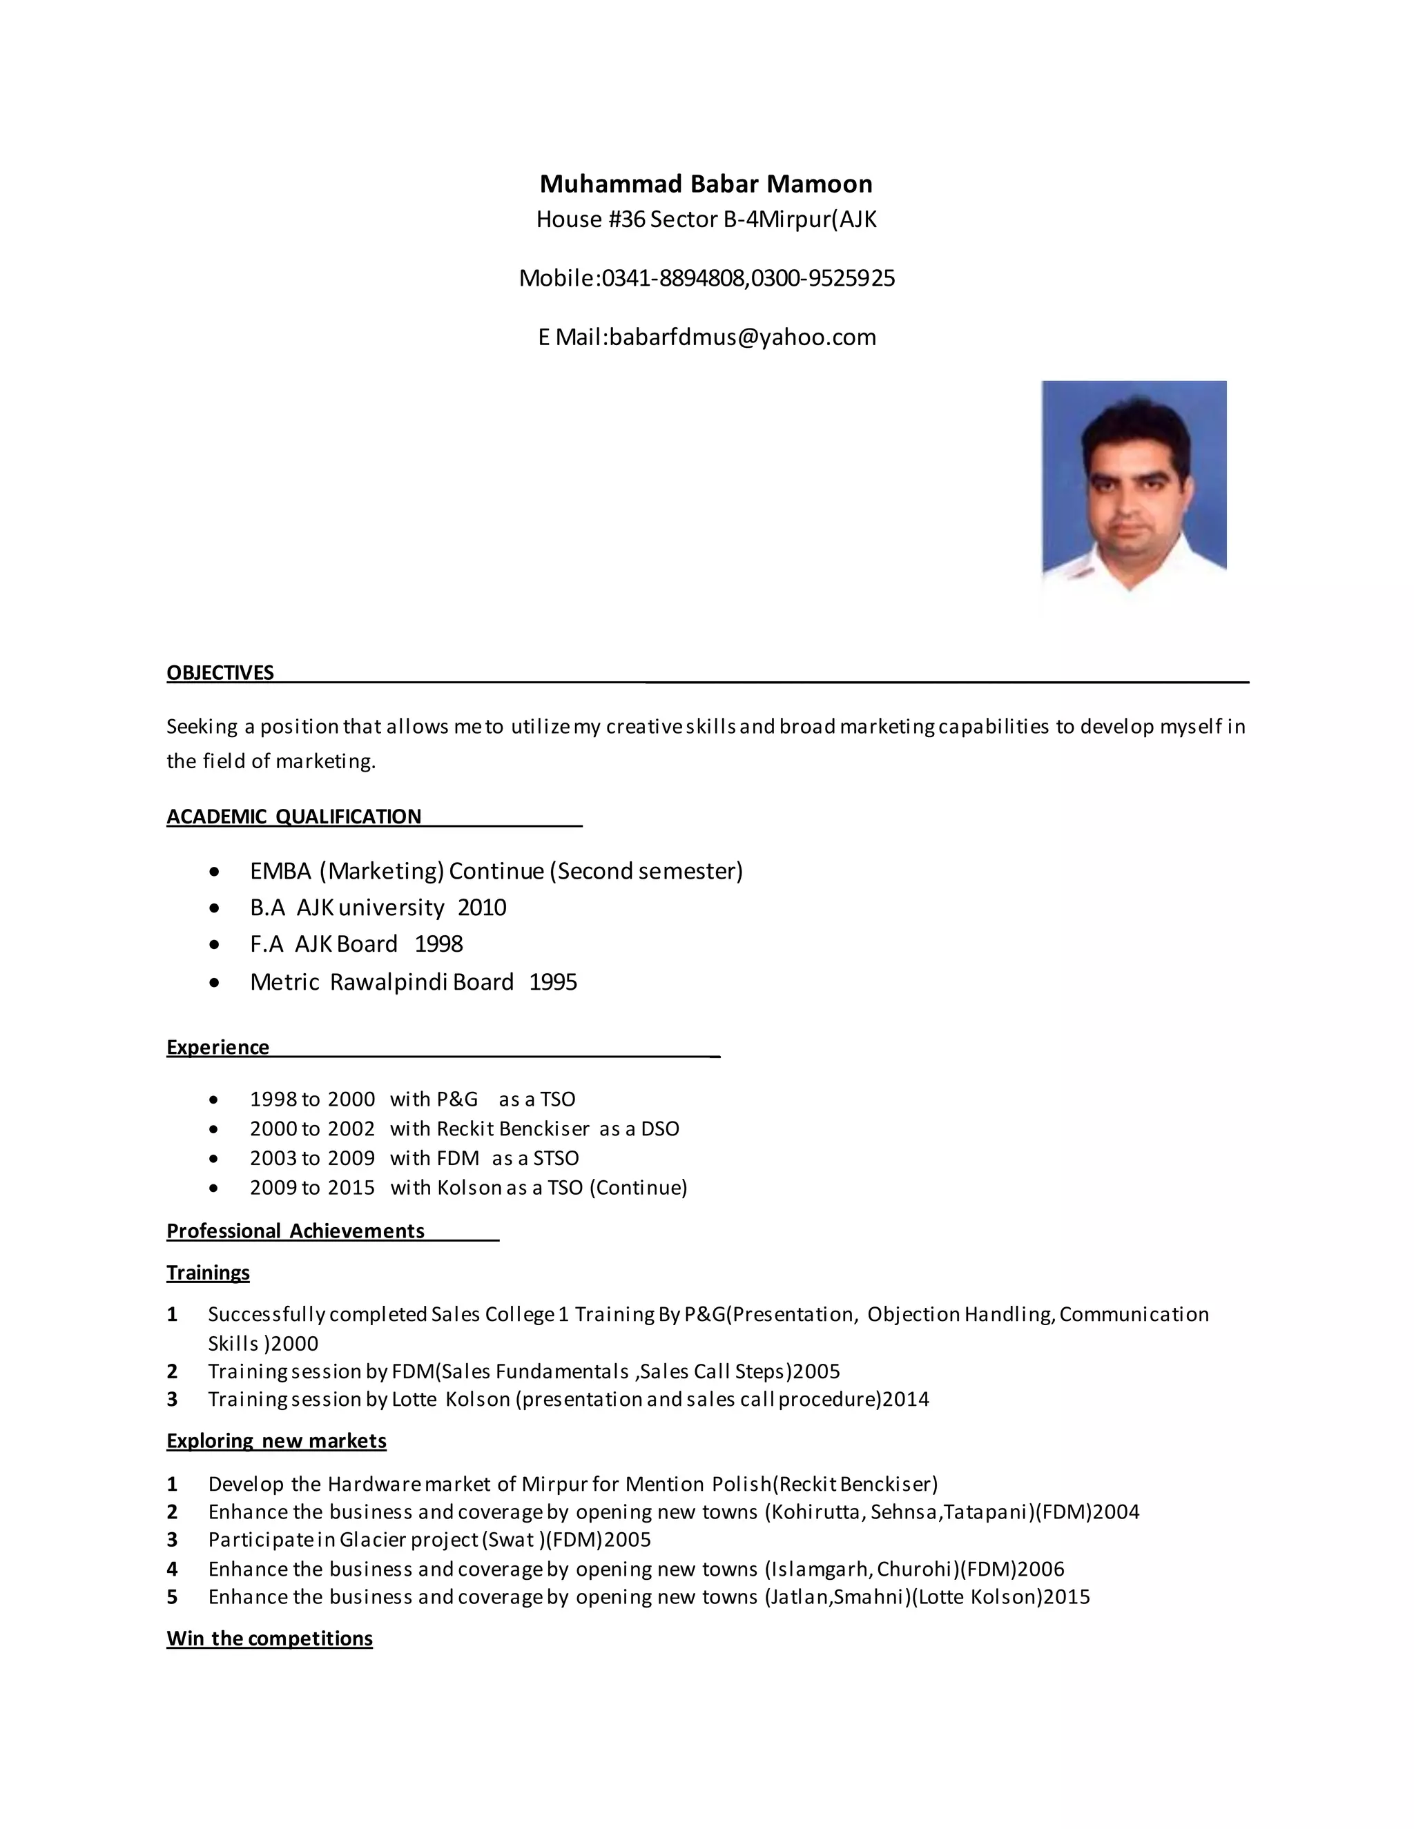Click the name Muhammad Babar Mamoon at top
coord(706,184)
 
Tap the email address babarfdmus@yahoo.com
coord(742,337)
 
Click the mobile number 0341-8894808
coord(672,278)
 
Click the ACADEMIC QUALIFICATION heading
coord(294,816)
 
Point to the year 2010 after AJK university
coord(482,908)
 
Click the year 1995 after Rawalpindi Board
coord(553,982)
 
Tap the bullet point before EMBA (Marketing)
coord(215,872)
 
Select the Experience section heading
coord(217,1048)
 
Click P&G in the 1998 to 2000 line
coord(456,1099)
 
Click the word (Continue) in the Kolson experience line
coord(639,1188)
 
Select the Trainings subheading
coord(208,1273)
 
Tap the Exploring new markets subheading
coord(276,1441)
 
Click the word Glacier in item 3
coord(373,1540)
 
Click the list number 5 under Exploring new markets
coord(172,1598)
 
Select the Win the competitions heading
coord(270,1639)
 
